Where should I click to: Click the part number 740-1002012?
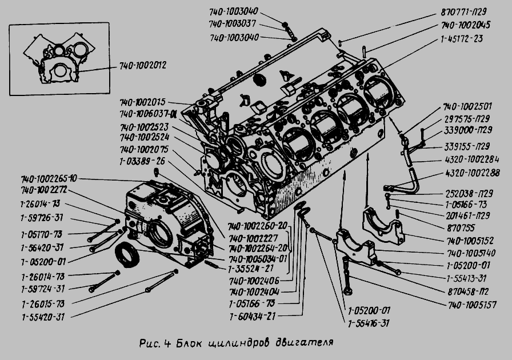[x=143, y=65]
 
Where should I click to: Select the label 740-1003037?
[x=233, y=24]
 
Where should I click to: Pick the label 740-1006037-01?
[x=148, y=114]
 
